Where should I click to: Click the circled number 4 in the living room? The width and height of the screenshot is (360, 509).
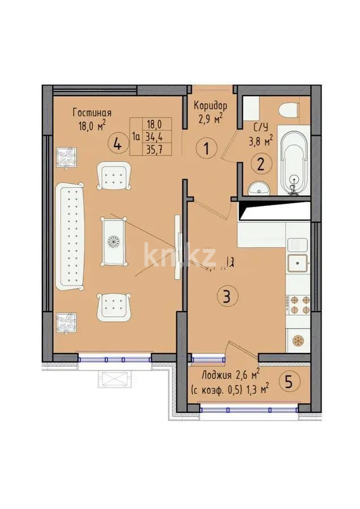[x=117, y=144]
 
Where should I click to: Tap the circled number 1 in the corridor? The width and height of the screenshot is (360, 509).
[x=207, y=149]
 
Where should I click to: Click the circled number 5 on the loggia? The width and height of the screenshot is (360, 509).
[x=289, y=382]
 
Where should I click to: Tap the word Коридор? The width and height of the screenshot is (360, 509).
[x=211, y=106]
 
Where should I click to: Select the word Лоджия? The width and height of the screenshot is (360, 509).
[x=218, y=374]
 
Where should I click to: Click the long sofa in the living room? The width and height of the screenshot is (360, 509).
[x=70, y=235]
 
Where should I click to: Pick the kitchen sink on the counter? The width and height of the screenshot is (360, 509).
[x=297, y=262]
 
